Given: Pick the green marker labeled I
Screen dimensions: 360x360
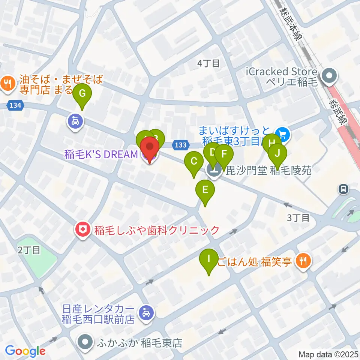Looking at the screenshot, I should [x=209, y=259].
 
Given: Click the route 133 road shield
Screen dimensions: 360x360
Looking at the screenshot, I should [x=181, y=144].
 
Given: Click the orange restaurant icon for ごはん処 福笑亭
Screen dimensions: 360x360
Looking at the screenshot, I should [x=303, y=261].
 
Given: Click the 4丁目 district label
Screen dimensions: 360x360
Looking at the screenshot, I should [x=208, y=63].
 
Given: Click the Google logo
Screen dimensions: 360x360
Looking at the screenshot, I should [x=25, y=351].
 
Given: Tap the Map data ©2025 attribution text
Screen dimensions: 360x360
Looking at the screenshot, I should [x=328, y=354].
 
